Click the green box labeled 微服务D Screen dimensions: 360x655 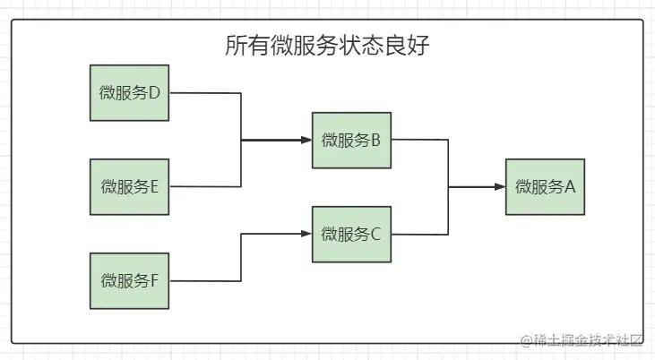tap(129, 92)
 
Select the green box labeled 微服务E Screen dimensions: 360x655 tap(129, 186)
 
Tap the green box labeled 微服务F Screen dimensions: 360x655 tap(129, 280)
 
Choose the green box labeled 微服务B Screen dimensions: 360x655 tap(351, 140)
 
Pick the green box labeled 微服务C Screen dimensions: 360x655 tap(351, 234)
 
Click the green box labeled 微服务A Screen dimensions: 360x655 tap(545, 186)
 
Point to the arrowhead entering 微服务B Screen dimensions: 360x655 tap(306, 140)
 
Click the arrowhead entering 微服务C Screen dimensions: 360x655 tap(306, 234)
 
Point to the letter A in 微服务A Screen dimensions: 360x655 tap(569, 187)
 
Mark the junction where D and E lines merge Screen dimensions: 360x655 tap(241, 140)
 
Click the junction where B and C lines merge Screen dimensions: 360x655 tap(449, 187)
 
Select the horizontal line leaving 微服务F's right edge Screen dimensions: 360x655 tap(204, 280)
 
